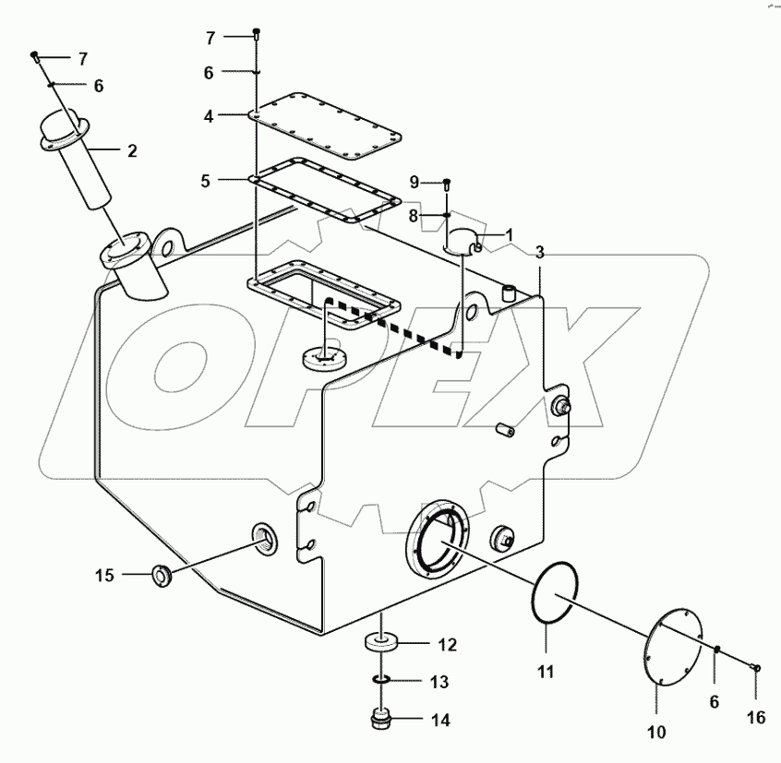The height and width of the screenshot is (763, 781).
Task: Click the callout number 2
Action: click(132, 150)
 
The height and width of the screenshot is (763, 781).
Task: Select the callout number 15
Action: click(104, 576)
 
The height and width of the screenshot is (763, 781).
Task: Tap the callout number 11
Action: click(546, 673)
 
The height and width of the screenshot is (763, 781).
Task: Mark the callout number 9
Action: click(414, 181)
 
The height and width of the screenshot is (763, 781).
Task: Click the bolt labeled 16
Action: click(755, 667)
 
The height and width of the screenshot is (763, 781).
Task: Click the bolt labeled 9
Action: click(447, 182)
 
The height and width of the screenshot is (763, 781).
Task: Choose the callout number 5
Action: click(206, 181)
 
